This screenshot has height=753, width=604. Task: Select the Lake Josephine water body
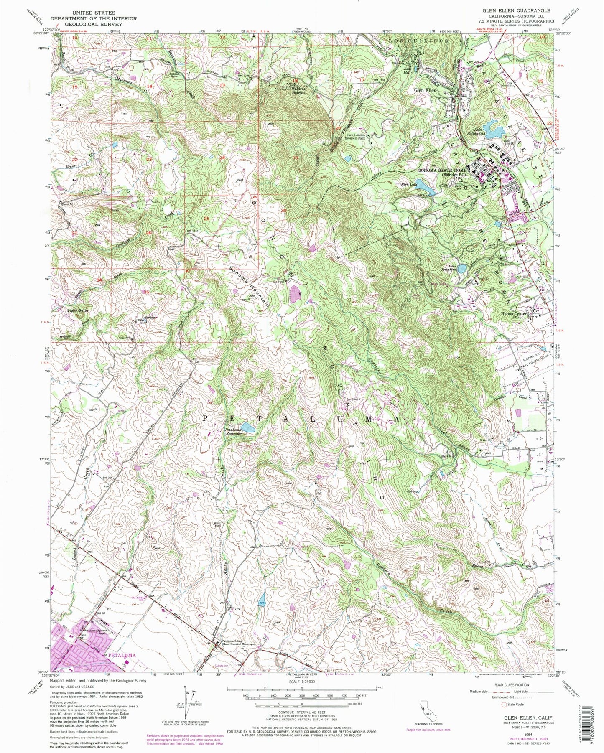pyautogui.click(x=462, y=269)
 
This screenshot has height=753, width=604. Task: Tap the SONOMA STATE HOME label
pyautogui.click(x=443, y=170)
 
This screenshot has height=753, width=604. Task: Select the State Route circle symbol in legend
pyautogui.click(x=505, y=716)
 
